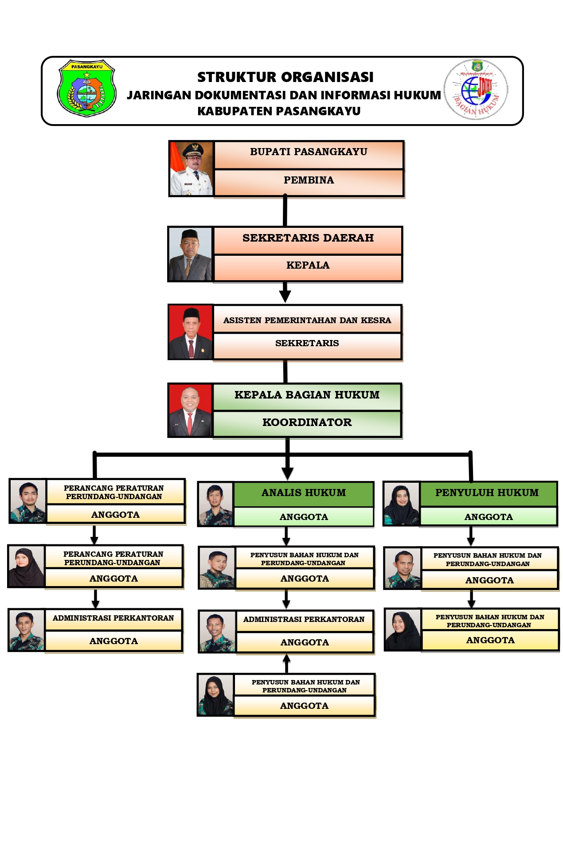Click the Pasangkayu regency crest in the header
[86, 88]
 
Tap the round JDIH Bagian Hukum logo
[476, 90]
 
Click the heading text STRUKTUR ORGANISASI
[285, 77]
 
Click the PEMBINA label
[309, 180]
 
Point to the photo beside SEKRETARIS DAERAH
[190, 254]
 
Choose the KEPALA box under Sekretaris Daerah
[308, 266]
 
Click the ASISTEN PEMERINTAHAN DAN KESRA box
[307, 319]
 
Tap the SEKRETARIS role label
[307, 344]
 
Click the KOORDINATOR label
[307, 423]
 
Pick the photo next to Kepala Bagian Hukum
[190, 410]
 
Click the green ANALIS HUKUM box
[304, 493]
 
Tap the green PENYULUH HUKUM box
[487, 493]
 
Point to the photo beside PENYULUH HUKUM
[401, 504]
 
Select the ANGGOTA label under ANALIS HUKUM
[304, 517]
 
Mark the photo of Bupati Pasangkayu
[192, 169]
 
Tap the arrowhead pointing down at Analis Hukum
[288, 474]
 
